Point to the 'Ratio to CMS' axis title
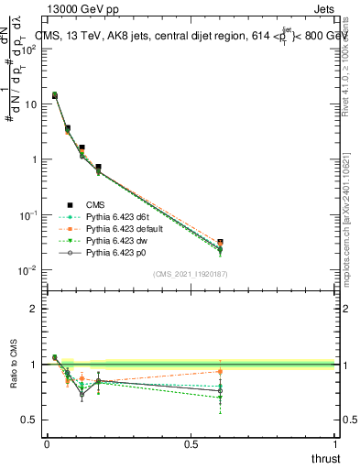tap(13, 378)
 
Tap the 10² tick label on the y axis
tap(28, 49)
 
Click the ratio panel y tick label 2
tap(34, 309)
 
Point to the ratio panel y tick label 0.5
tap(29, 420)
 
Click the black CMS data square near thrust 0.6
tap(220, 243)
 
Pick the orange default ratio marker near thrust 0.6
tap(220, 371)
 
